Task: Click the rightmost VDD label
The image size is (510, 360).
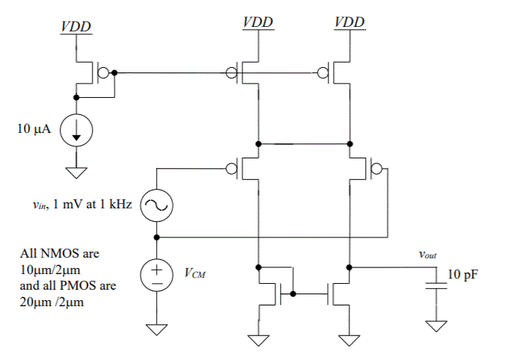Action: click(x=349, y=22)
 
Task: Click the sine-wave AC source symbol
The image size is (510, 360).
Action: click(x=157, y=205)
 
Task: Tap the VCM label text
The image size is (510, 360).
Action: click(x=195, y=273)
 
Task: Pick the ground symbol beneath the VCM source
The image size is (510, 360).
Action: click(x=157, y=329)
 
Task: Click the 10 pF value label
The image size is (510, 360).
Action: click(x=462, y=275)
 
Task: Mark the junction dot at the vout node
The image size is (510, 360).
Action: click(x=349, y=266)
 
